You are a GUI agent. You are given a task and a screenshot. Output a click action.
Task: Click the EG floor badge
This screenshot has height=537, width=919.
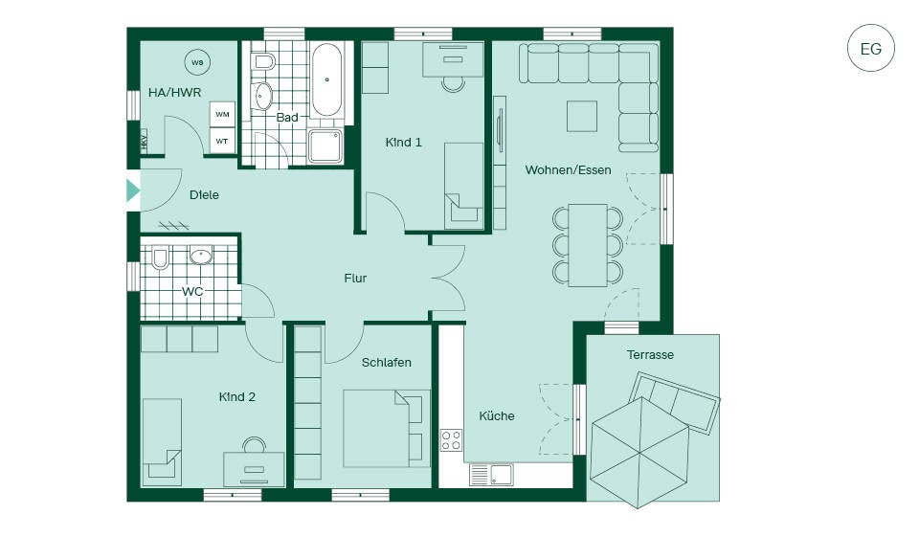tap(870, 48)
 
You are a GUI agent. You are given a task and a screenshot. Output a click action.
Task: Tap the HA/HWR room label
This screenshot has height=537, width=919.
tap(174, 93)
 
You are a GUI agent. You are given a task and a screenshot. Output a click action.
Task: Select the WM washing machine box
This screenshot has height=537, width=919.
tap(222, 114)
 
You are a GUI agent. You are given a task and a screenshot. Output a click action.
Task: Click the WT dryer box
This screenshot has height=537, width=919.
tap(222, 142)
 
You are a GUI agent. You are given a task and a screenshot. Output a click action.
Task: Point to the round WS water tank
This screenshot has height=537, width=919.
tap(197, 62)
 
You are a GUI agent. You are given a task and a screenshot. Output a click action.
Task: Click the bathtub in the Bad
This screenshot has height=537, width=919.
tap(326, 79)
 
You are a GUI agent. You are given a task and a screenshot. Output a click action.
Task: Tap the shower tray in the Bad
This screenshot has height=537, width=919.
tap(325, 145)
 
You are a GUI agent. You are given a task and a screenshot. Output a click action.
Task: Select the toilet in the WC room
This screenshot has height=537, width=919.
tap(160, 257)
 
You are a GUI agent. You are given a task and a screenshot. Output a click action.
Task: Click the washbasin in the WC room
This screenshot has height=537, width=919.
tap(201, 256)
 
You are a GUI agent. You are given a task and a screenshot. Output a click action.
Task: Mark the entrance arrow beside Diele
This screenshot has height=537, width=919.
tap(133, 190)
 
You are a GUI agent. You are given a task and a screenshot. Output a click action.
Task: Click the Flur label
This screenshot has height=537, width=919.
tap(355, 279)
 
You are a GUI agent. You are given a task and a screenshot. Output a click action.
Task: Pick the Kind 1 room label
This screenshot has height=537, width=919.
tap(403, 143)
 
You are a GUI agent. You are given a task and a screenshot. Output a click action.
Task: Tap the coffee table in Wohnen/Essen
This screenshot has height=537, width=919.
tap(582, 116)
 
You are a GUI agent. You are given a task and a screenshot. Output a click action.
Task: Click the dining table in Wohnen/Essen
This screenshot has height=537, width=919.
tap(588, 245)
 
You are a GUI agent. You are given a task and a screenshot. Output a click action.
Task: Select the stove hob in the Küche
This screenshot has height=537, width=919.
tap(451, 439)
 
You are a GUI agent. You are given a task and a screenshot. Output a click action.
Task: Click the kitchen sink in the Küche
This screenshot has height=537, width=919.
tap(490, 475)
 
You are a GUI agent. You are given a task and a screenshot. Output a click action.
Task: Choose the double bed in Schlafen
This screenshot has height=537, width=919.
tap(386, 429)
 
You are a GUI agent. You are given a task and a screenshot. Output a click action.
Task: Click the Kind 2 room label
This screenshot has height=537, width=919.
tap(236, 397)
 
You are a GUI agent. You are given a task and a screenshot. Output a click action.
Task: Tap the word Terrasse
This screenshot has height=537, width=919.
tap(650, 355)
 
